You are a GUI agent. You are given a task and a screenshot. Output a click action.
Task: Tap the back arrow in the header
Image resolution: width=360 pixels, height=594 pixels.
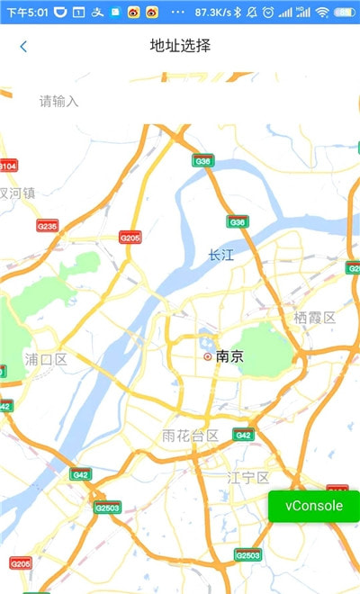click(23, 47)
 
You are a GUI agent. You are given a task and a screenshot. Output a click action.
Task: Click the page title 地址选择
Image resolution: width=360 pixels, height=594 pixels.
click(180, 46)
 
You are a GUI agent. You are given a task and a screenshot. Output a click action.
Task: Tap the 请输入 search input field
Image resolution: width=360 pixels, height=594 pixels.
click(59, 101)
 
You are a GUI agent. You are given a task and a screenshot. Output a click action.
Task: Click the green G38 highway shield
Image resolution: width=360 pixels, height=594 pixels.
click(203, 161)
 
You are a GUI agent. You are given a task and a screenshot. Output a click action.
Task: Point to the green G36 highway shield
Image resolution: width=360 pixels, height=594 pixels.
click(237, 221)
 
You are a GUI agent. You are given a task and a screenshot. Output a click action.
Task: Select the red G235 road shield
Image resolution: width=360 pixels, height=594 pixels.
click(47, 226)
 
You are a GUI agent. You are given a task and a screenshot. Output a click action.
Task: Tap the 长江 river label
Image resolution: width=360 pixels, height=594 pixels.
click(220, 255)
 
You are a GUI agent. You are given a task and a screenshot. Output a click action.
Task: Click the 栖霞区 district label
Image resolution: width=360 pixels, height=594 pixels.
click(314, 317)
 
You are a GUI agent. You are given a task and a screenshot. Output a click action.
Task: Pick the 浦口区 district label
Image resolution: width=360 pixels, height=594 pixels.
click(46, 359)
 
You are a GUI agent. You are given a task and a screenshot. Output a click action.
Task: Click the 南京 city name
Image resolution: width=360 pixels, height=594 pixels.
click(230, 356)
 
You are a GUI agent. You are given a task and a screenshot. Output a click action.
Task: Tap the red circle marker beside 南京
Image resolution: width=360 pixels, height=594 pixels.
click(208, 356)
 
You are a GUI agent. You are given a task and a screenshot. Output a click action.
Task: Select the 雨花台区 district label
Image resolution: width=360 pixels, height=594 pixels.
click(190, 436)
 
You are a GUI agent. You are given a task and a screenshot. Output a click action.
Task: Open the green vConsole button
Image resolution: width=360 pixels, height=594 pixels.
click(314, 506)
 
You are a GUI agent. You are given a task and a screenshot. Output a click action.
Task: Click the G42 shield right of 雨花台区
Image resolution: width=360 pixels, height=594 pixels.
click(243, 435)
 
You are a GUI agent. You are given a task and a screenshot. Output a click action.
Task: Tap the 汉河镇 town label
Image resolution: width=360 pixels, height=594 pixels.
click(17, 193)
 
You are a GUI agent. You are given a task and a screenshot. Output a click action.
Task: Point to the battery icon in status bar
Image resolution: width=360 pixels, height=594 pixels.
click(346, 13)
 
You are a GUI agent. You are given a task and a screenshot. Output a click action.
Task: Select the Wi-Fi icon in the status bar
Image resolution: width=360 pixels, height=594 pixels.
click(322, 13)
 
